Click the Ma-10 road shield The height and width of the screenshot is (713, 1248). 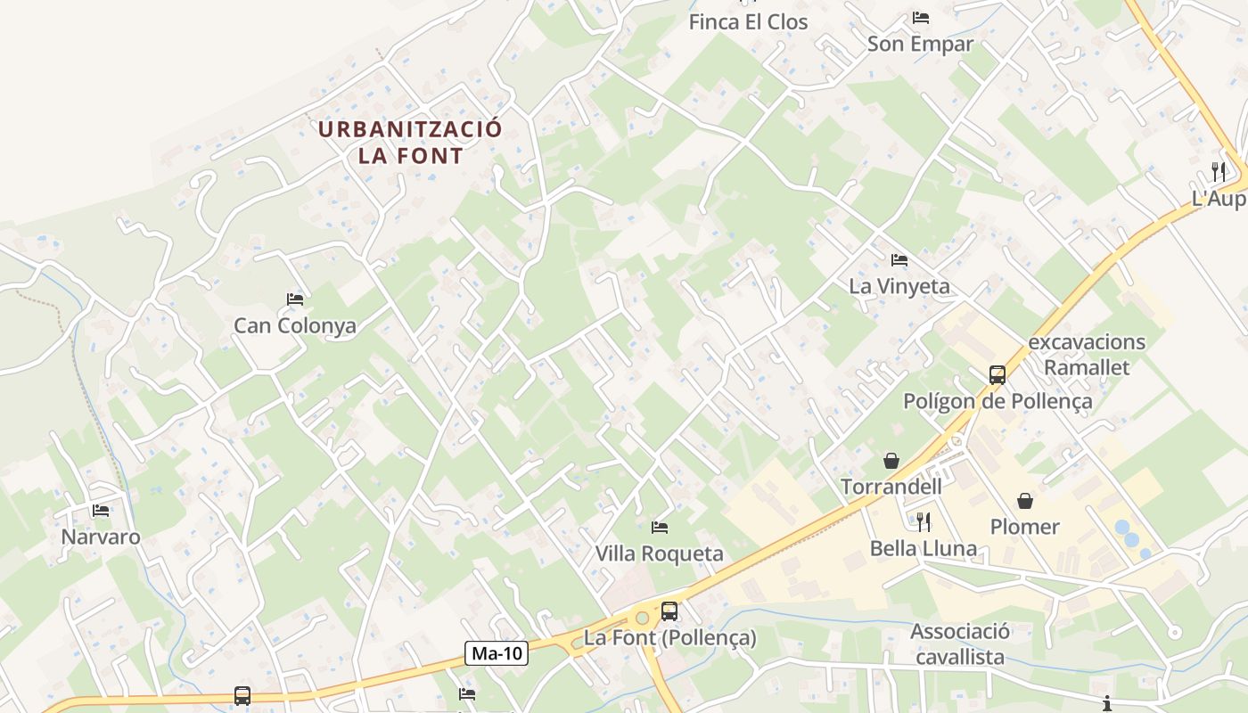coord(497,653)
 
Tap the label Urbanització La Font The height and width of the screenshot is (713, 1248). coord(410,142)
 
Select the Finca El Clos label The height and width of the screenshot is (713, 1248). coord(748,21)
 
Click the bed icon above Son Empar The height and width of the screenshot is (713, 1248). coord(921,18)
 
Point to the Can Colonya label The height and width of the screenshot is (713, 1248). coord(295,325)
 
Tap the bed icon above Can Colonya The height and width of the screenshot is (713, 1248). coord(295,299)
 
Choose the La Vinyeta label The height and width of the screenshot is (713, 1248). coord(899,286)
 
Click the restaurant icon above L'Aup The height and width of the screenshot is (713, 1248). coord(1218,171)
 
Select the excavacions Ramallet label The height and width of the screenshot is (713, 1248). coord(1087,355)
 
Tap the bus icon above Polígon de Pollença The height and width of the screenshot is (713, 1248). coord(998,375)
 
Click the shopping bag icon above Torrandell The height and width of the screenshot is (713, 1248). coord(891,461)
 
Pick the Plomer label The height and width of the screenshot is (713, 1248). coord(1025,527)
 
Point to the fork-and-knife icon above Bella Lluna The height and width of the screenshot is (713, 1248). coord(924,521)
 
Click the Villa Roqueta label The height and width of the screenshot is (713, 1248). coord(660,553)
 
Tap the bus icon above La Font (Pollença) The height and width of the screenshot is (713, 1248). coord(669,611)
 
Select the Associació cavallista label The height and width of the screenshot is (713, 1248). coord(960,644)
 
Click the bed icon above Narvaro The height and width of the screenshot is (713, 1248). coord(101,511)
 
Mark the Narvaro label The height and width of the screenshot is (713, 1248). coord(101,537)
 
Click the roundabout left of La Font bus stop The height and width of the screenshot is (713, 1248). coord(641,618)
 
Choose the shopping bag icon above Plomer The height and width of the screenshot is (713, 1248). coord(1025,501)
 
